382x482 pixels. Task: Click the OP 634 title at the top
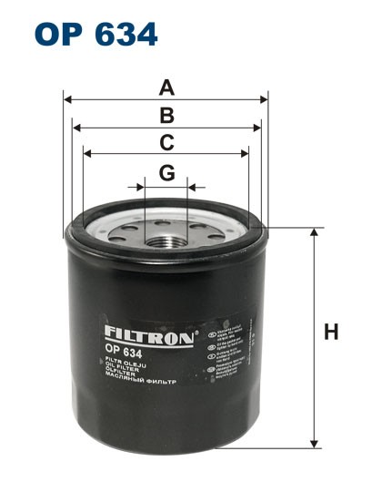pos(96,35)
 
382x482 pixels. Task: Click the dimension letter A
pos(166,88)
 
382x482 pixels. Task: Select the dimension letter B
pos(166,116)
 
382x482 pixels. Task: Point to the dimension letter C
pos(166,143)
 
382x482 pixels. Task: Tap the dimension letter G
pos(166,172)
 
